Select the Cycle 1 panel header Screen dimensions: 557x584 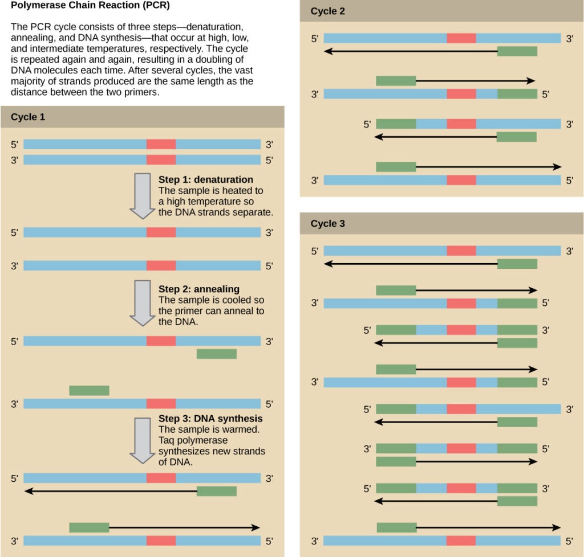tap(28, 117)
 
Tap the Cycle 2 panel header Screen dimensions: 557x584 tap(327, 11)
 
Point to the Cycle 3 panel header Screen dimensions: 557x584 tap(327, 224)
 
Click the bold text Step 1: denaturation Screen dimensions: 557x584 tap(205, 180)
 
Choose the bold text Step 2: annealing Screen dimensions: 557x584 tap(198, 289)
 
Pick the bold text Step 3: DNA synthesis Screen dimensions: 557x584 tap(210, 419)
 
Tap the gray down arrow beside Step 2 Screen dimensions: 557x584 tap(142, 302)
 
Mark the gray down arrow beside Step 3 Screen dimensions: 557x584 tap(142, 440)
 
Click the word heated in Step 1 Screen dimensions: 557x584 tap(236, 191)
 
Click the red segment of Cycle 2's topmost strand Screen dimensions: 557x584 tap(461, 38)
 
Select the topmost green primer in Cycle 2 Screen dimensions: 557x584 tap(517, 52)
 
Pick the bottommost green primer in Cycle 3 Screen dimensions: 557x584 tap(396, 527)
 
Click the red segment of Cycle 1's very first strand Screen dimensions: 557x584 tap(161, 145)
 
